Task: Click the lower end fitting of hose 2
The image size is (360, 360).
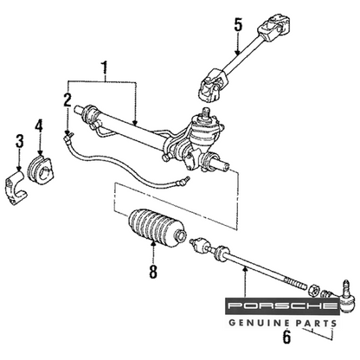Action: pyautogui.click(x=182, y=183)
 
